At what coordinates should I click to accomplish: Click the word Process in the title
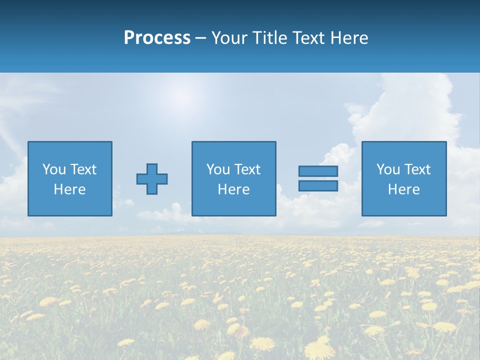(157, 38)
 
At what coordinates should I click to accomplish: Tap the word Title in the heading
(269, 38)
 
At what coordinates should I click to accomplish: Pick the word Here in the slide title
(349, 38)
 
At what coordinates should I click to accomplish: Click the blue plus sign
(152, 178)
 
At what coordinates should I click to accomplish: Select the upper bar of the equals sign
(318, 171)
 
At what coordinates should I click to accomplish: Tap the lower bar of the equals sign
(318, 185)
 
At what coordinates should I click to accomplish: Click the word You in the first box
(54, 169)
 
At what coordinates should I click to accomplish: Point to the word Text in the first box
(83, 169)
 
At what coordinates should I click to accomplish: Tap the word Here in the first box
(70, 189)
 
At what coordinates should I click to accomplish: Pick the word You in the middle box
(218, 169)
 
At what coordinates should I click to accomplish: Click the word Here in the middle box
(234, 189)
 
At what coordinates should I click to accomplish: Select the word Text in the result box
(417, 169)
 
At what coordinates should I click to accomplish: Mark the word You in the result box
(388, 169)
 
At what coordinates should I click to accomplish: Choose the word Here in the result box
(404, 189)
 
